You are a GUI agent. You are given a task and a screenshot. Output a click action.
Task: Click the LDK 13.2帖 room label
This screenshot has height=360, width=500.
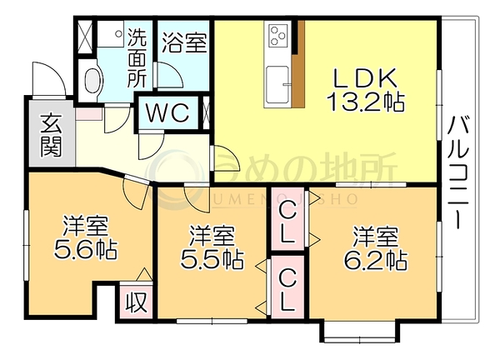365,90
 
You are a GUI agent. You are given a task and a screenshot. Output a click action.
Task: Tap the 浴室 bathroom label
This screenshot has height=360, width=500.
184,42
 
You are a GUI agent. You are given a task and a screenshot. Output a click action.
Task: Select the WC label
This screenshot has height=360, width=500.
167,112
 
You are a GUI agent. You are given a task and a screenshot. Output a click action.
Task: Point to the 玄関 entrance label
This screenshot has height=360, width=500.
51,135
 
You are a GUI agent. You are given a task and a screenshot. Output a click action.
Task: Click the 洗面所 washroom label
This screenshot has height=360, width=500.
137,58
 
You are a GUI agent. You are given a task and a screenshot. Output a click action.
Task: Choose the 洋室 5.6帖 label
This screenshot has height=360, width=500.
86,237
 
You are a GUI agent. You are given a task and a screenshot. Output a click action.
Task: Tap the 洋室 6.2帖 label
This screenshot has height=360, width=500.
375,247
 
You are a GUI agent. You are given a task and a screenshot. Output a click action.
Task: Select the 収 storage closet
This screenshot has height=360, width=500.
136,302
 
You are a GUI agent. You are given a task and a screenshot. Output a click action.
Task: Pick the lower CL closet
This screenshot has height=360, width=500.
287,287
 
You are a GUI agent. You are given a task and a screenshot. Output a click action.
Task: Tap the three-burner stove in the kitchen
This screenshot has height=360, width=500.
278,35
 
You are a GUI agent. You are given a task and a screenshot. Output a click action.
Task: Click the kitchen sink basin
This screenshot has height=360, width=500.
277,85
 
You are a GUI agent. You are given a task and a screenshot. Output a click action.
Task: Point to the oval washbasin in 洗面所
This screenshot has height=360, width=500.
93,80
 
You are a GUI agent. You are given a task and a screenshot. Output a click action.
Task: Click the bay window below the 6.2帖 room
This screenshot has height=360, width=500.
360,332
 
